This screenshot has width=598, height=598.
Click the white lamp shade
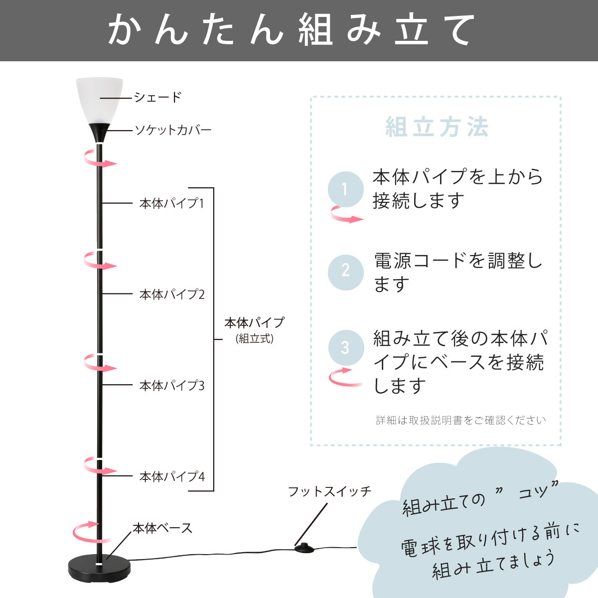100,100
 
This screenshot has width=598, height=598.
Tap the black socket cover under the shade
100,132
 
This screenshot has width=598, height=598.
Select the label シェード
157,97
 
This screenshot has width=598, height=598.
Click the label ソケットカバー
173,131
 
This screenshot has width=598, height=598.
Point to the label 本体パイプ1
172,203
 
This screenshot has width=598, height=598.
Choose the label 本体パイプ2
172,294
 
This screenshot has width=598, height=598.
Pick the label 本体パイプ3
172,385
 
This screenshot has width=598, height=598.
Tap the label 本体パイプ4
172,477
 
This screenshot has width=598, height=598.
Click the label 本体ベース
162,528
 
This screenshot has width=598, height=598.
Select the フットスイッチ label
330,492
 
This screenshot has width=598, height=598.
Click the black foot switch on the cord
305,548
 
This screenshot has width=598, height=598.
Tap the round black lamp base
100,568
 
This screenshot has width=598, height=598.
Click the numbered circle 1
345,189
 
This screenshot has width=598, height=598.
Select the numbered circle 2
345,272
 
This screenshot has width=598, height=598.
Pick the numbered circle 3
345,347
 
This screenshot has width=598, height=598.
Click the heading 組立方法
437,127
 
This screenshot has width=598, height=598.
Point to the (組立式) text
255,339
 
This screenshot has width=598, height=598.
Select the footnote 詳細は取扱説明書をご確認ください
461,421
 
